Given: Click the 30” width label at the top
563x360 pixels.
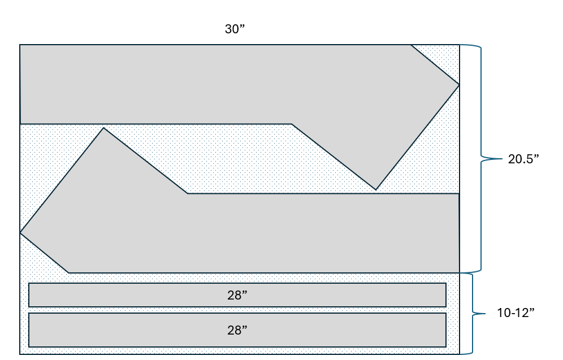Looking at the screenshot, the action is click(235, 29).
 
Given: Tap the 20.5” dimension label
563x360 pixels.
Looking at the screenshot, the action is click(523, 159).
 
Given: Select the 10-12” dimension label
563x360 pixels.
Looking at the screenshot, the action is click(516, 313).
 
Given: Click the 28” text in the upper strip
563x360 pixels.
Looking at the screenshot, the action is click(237, 295).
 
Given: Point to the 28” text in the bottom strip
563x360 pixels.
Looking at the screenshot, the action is click(237, 330).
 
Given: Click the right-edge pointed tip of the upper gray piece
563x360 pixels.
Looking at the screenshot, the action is click(459, 85).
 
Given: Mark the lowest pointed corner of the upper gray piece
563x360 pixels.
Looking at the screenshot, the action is click(376, 189).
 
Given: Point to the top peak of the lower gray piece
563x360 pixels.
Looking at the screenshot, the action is click(103, 128).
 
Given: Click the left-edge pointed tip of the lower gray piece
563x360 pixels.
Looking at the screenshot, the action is click(20, 233).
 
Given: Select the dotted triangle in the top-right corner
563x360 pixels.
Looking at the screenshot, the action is click(443, 58).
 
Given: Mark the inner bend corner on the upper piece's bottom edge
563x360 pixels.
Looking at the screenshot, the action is click(292, 124).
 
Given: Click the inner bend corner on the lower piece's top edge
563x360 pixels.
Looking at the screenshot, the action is click(187, 193).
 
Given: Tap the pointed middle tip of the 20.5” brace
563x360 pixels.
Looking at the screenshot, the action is click(503, 158).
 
